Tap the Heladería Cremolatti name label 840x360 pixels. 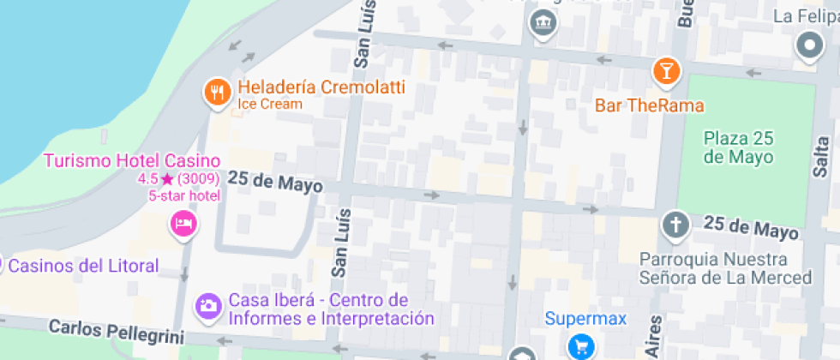click(x=321, y=87)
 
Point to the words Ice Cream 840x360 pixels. click(x=270, y=105)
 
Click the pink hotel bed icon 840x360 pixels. click(x=183, y=225)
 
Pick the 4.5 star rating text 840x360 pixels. click(x=178, y=179)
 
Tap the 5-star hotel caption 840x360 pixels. click(x=184, y=195)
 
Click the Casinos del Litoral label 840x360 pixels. click(x=83, y=266)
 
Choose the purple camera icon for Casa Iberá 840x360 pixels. click(x=207, y=305)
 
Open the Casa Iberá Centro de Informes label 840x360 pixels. click(x=330, y=310)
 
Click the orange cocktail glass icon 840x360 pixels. click(x=665, y=70)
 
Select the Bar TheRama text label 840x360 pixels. click(x=649, y=106)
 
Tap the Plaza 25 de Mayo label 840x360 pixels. click(x=738, y=147)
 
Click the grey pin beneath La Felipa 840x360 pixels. click(x=809, y=45)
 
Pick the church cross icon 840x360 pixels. click(x=675, y=225)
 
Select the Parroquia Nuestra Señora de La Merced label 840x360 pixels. click(x=725, y=268)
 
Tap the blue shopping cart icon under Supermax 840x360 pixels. click(x=583, y=345)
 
